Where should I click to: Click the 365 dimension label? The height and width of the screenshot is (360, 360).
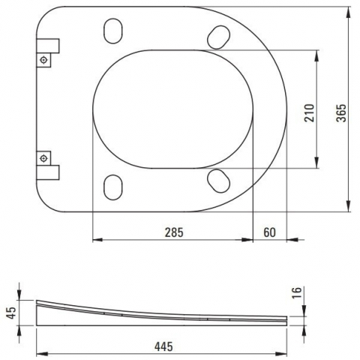342,113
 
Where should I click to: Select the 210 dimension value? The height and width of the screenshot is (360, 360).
309,113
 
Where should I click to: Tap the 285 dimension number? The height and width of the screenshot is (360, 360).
174,232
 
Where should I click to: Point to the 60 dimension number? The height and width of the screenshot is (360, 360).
270,232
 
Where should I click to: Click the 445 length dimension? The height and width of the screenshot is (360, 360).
163,346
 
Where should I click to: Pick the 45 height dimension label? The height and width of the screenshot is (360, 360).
11,313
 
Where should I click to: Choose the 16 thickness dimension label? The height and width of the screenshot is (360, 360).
297,292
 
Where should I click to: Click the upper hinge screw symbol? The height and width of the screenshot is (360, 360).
43,60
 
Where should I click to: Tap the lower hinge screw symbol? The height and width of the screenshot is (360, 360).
43,158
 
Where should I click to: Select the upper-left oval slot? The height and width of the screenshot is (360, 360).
113,31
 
